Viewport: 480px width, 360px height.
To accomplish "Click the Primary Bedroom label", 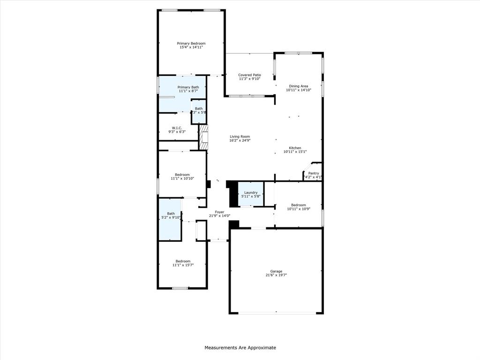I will pos(191,43).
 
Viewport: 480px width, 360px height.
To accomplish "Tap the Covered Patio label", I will pos(249,75).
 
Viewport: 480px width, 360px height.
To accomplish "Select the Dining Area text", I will pos(299,86).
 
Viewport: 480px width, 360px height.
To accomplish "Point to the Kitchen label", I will pos(295,148).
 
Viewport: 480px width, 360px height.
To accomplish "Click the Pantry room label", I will pos(313,173).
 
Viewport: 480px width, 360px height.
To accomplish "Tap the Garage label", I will pos(276,271).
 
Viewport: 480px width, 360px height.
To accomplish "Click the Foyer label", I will pos(219,212).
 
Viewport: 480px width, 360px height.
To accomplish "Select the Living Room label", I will pos(240,137).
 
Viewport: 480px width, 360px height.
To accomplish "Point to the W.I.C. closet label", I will pos(177,128).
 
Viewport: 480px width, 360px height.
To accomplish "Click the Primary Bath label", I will pos(188,87).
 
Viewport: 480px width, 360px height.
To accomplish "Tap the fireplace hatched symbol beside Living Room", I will pos(203,137).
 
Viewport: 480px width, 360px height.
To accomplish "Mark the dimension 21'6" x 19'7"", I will pos(276,275).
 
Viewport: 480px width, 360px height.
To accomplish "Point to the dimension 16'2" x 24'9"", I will pos(240,141).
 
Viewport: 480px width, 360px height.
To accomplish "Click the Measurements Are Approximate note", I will pos(240,348).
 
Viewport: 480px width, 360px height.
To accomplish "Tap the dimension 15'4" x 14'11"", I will pos(191,47).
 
